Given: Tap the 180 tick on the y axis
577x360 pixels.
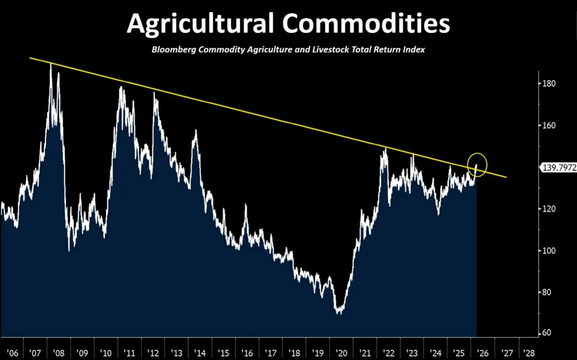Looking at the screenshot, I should click(x=549, y=83).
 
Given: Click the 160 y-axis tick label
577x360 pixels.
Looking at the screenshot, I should click(x=549, y=125).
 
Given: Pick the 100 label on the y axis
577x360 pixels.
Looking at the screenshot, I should click(x=549, y=250).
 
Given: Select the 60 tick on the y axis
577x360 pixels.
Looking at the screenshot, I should click(x=547, y=333).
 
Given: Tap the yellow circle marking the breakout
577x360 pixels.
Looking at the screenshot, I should click(x=477, y=165).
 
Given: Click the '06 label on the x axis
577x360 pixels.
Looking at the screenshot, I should click(x=13, y=352).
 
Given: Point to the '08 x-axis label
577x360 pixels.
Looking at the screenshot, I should click(x=58, y=352).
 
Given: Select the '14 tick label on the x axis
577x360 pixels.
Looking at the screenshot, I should click(x=200, y=352).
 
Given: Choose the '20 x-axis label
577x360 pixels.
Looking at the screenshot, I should click(x=341, y=352).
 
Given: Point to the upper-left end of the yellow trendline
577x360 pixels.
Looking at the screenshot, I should click(x=30, y=58).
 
